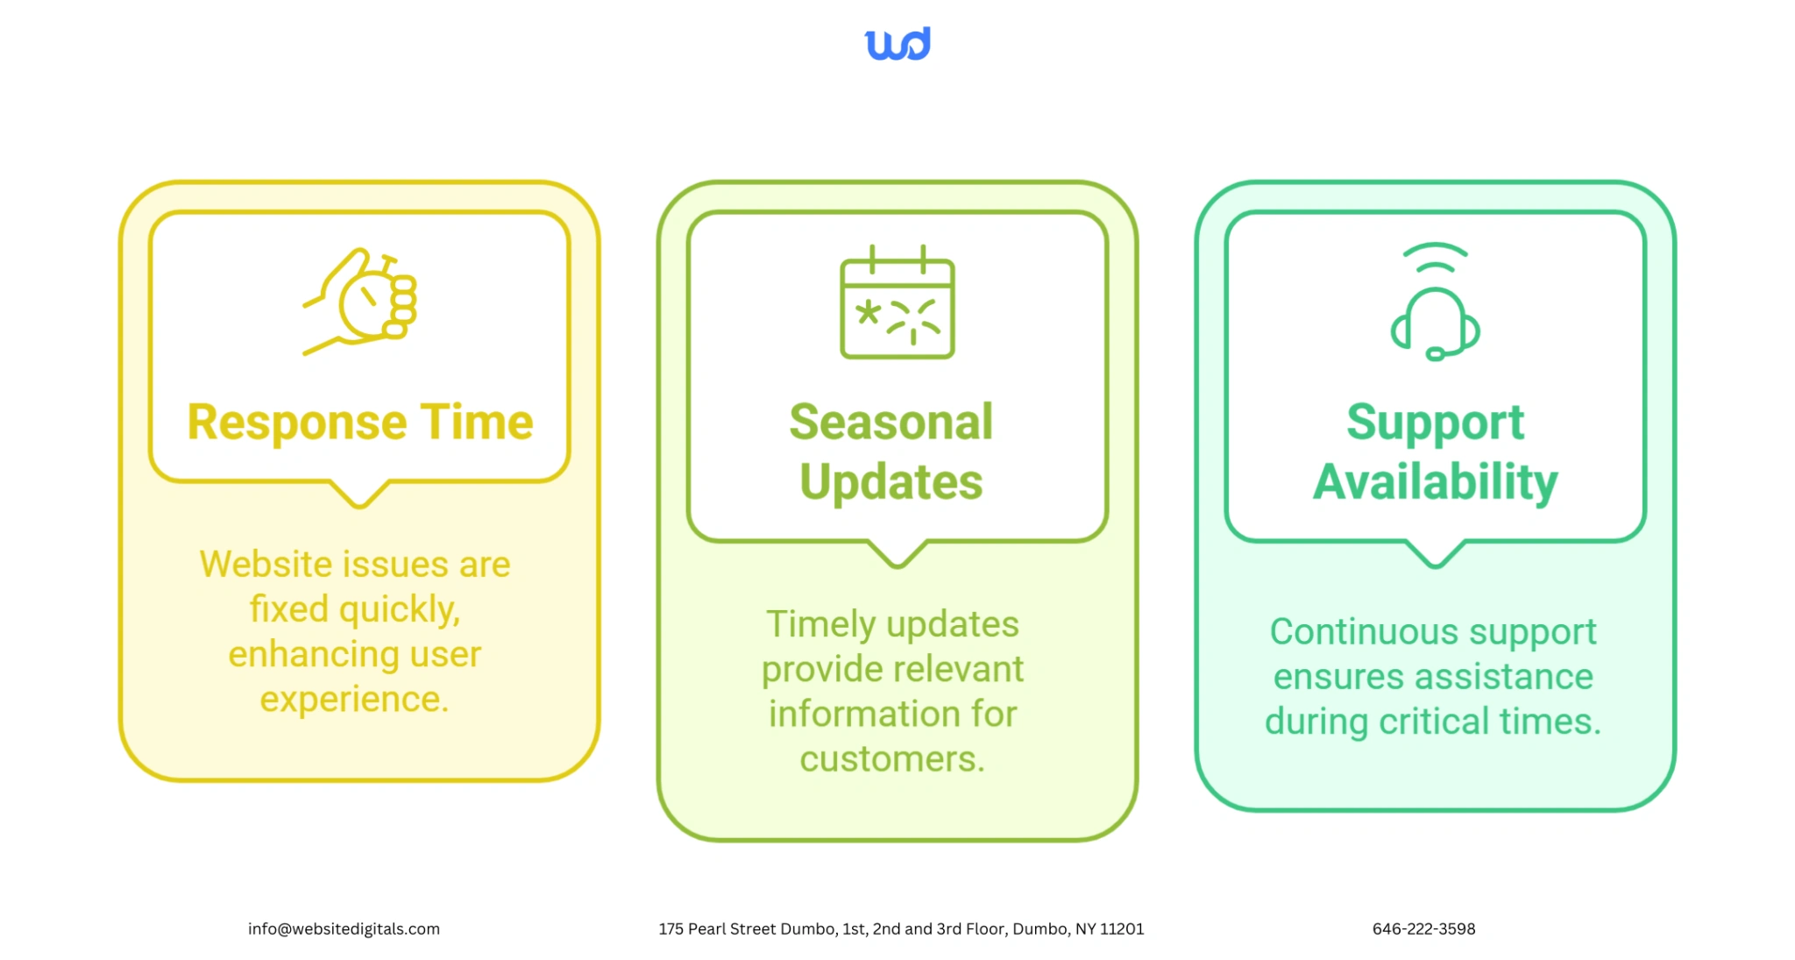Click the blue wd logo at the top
point(897,44)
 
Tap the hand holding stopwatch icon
point(360,302)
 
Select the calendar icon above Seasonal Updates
point(897,302)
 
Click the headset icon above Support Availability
point(1435,302)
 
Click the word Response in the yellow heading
point(297,423)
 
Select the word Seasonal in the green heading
point(891,422)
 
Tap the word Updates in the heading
point(891,483)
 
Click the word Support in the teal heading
point(1436,423)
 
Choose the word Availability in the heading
point(1436,483)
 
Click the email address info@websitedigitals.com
point(344,928)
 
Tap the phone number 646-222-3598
point(1424,928)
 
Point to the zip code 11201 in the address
point(1122,928)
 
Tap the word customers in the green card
point(892,759)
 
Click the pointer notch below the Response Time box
point(359,495)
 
